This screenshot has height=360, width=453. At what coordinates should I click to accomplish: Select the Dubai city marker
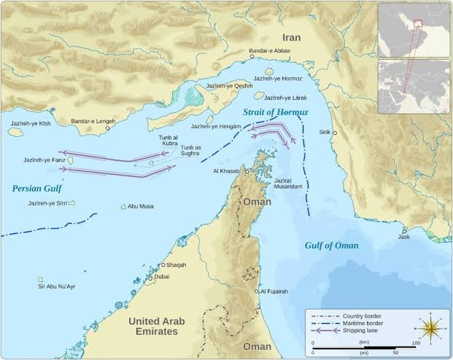tap(151, 278)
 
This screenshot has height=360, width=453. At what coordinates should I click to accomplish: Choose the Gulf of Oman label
tap(331, 245)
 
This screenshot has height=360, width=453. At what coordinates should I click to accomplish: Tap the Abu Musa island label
tap(140, 207)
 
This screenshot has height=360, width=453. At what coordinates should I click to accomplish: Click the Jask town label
tap(404, 237)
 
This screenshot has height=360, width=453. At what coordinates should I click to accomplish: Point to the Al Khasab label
tap(225, 171)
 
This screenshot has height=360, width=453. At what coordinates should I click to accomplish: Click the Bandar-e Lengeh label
tap(93, 122)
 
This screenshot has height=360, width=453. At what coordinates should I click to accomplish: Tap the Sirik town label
tap(325, 132)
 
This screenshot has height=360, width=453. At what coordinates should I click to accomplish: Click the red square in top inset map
tap(418, 24)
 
